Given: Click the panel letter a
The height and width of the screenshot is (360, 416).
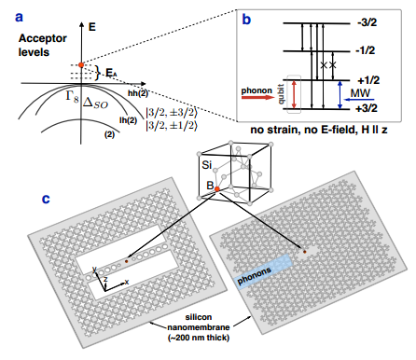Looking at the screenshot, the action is [19, 17].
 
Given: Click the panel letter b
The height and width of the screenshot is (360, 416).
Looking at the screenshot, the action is [246, 20].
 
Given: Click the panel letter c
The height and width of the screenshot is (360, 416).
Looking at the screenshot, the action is [46, 199].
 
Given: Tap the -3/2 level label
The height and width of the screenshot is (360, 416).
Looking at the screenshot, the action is [367, 22].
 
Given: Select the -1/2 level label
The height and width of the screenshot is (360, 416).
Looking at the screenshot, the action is [365, 50].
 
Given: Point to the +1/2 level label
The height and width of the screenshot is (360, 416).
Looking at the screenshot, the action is [368, 80].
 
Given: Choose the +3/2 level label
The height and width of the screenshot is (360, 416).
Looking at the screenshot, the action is [367, 108].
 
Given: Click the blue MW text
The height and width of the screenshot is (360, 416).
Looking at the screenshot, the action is [360, 93].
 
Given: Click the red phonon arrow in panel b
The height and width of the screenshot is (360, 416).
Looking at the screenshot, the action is [257, 97].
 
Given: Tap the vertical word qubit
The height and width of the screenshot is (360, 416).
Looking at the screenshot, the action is [282, 94].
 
